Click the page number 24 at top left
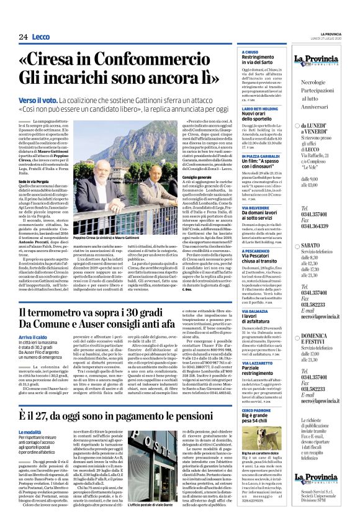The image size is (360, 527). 23,37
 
